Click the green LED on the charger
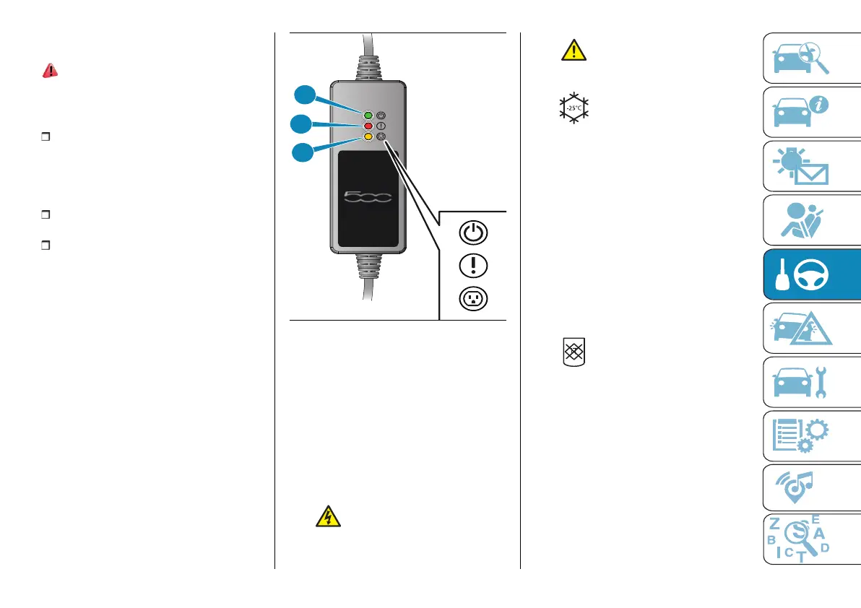tap(368, 115)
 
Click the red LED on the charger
tap(368, 126)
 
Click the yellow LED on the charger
tap(368, 136)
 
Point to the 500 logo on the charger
tap(368, 196)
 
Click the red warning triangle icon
tap(51, 70)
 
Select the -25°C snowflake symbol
tap(575, 107)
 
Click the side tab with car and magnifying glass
tap(812, 58)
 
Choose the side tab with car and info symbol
tap(812, 112)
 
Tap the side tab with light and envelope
tap(812, 165)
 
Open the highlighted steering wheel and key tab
tap(812, 274)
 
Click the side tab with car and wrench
tap(812, 381)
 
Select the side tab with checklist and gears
tap(812, 435)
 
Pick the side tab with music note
tap(812, 489)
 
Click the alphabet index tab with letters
tap(812, 539)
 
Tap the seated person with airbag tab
tap(812, 220)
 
